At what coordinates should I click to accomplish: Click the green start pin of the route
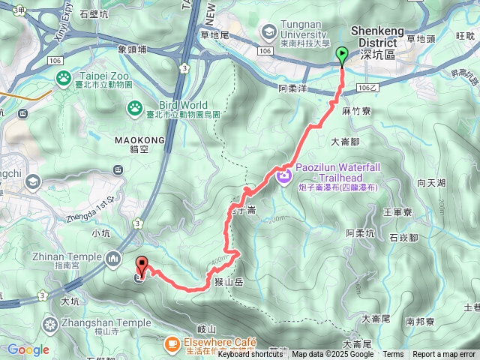pos(343,55)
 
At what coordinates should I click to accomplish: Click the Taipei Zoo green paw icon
pos(64,76)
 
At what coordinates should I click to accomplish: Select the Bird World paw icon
pos(134,108)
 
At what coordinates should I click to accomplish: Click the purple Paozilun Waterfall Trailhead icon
pos(283,176)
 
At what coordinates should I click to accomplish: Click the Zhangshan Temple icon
pos(50,324)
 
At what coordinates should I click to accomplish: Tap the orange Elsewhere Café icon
pos(172,343)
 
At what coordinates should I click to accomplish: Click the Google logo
pos(28,349)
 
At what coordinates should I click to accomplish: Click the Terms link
pos(393,355)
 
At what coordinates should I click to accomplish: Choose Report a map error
pos(444,355)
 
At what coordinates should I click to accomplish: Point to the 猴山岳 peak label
pos(229,282)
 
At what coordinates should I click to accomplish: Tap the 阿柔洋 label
pos(292,88)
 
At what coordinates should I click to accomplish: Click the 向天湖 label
pos(431,183)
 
